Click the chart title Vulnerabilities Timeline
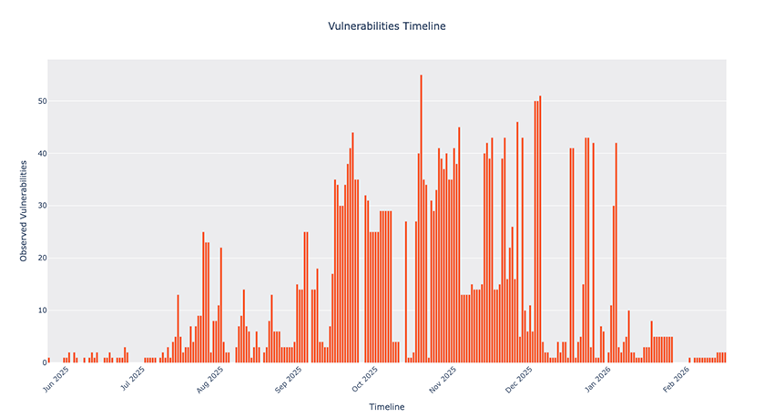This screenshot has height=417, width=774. click(x=387, y=26)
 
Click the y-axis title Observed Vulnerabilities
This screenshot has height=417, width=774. click(x=25, y=210)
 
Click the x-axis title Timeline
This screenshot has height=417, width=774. click(x=387, y=407)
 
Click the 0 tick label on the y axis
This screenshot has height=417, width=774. click(x=41, y=362)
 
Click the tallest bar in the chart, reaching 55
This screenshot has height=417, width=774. click(x=421, y=219)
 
